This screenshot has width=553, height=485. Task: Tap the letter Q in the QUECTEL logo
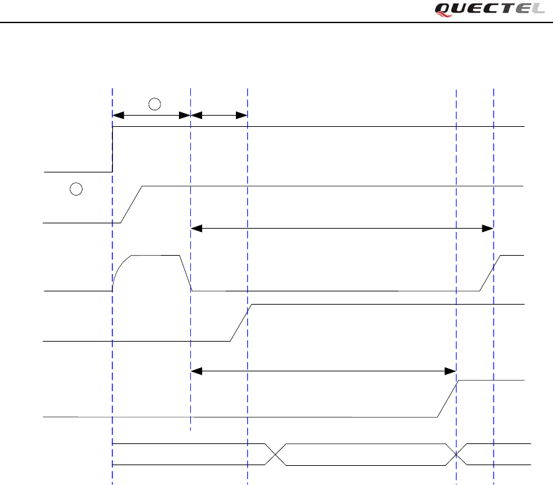444,9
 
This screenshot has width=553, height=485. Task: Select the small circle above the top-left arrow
153,103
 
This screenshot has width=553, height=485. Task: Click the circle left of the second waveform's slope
76,190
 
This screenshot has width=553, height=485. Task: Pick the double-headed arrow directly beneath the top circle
152,116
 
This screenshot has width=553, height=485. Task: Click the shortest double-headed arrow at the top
219,116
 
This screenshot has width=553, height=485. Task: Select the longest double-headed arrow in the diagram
342,229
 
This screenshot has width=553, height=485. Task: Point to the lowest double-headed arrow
324,371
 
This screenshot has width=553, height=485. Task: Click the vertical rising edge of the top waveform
112,149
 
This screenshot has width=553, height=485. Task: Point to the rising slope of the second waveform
132,205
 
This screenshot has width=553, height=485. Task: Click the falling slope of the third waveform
186,273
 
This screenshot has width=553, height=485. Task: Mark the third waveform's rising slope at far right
490,273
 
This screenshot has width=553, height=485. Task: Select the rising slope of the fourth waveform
241,322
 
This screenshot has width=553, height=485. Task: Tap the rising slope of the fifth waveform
448,399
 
